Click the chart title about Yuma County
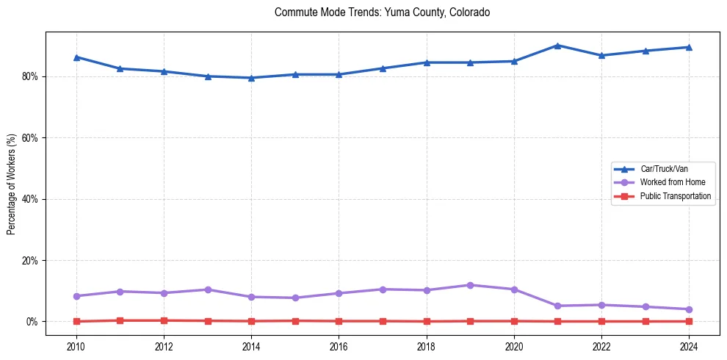tap(382, 12)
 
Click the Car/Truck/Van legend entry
tap(664, 169)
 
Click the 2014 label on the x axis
tap(251, 345)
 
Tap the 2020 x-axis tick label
tap(514, 345)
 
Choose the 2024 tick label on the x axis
tap(689, 345)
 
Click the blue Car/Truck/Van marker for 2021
tap(557, 46)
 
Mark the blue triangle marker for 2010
tap(76, 57)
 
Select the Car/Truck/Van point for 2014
tap(251, 78)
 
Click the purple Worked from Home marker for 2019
tap(470, 285)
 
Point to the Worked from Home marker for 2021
tap(557, 306)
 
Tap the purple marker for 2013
tap(208, 289)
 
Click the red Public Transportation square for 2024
tap(689, 321)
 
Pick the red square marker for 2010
tap(76, 321)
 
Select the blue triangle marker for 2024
tap(689, 47)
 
